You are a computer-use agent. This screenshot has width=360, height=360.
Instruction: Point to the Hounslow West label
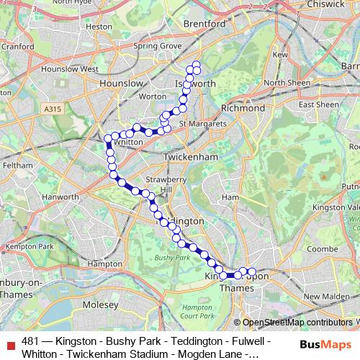pyautogui.click(x=70, y=69)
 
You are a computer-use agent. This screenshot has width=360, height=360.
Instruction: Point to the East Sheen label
pyautogui.click(x=318, y=104)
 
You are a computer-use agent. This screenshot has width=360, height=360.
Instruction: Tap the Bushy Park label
pyautogui.click(x=172, y=257)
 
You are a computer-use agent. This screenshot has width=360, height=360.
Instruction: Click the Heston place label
pyautogui.click(x=95, y=26)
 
